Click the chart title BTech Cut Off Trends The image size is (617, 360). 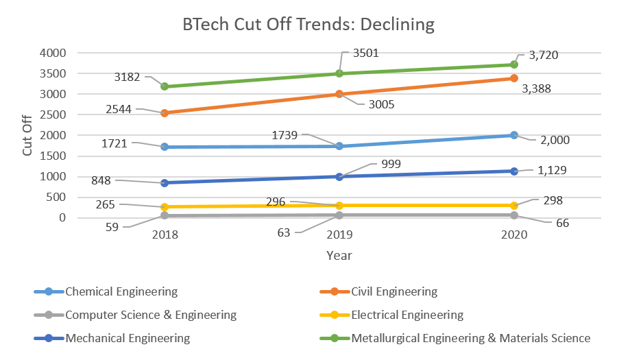(308, 25)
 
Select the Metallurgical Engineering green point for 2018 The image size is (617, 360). (165, 86)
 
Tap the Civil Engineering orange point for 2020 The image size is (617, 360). (513, 78)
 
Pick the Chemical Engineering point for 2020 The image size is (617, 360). (513, 135)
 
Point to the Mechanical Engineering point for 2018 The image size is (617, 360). (165, 183)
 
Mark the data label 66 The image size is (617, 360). (561, 223)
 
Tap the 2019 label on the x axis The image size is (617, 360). (339, 235)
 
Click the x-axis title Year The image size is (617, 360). (339, 255)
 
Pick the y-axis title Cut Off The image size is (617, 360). (27, 136)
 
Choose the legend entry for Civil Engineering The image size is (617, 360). (394, 291)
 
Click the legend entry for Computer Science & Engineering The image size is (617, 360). (151, 315)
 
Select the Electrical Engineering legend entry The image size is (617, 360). (407, 315)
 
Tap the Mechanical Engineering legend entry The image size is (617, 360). (128, 338)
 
